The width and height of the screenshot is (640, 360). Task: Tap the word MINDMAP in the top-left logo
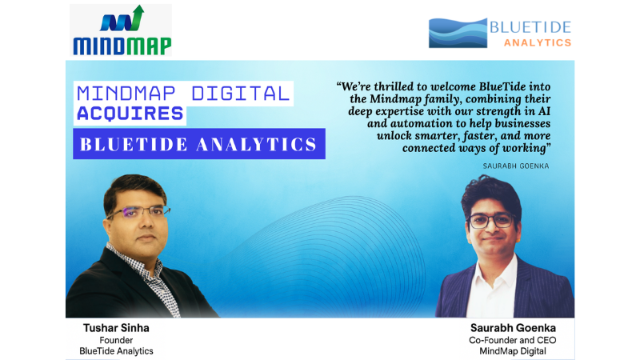(x=122, y=46)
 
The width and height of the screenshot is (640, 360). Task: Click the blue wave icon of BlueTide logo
(x=458, y=33)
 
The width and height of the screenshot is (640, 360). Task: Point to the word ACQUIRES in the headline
(x=130, y=114)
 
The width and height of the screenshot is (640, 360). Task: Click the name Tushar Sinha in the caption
(x=114, y=328)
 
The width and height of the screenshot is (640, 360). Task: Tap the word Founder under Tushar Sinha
(x=114, y=339)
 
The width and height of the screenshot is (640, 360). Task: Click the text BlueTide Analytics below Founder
(x=114, y=350)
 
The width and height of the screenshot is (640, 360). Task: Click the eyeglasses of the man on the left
(x=140, y=213)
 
